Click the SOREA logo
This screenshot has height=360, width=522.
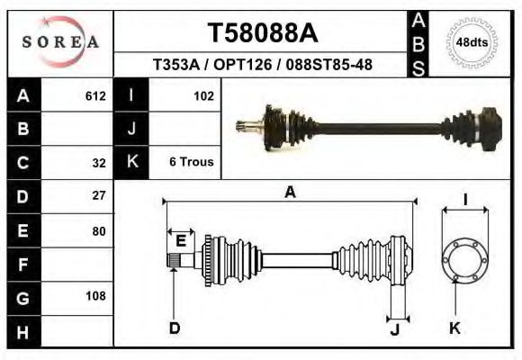point(60,42)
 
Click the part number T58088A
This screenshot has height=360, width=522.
point(263,33)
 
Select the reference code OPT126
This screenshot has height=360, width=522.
point(243,64)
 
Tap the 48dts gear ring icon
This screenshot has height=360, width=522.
point(472,43)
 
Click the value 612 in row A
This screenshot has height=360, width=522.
point(95,96)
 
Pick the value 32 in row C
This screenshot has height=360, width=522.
point(99,163)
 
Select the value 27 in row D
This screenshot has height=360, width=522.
point(99,195)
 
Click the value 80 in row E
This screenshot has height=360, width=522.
point(99,231)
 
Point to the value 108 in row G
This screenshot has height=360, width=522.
point(95,296)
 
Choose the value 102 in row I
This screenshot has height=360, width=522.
point(203,96)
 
